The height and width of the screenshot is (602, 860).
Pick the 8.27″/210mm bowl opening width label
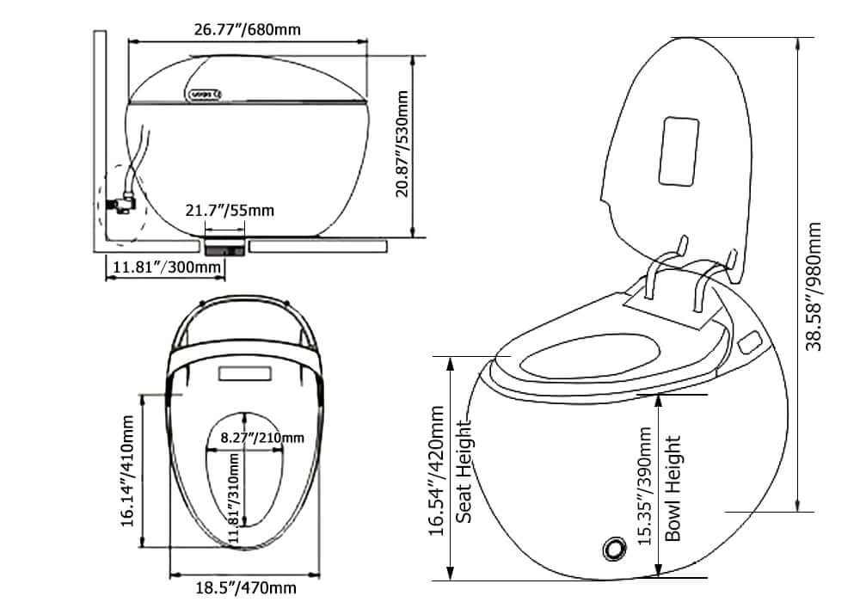coord(261,438)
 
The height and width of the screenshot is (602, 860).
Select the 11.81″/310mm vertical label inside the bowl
coord(233,499)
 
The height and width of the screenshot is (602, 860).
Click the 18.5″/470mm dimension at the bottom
coord(244,588)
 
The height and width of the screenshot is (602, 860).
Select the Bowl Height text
coord(674,488)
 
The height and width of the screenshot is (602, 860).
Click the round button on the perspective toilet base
coord(614,548)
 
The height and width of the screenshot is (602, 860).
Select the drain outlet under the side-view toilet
coord(225,247)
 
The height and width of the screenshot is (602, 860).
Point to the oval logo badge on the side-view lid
coord(204,93)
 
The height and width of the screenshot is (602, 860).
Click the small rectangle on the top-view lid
coord(247,374)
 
